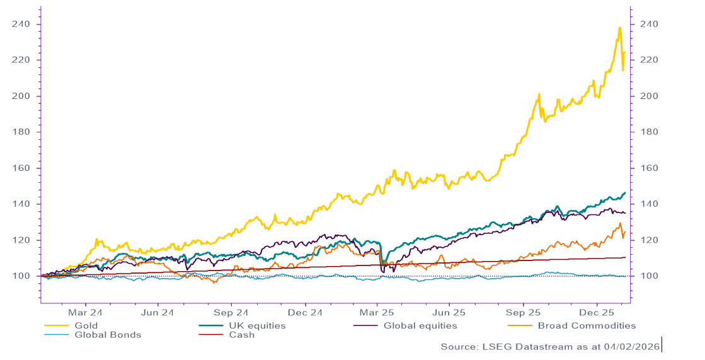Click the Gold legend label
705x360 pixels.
(x=87, y=326)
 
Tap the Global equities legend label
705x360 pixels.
(x=420, y=326)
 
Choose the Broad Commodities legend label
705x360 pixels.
(x=587, y=326)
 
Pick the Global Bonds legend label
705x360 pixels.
(x=108, y=335)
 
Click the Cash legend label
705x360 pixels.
(x=242, y=335)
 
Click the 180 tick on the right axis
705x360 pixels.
(x=649, y=132)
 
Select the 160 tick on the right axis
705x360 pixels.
(x=649, y=168)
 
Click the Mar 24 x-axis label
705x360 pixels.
(x=85, y=312)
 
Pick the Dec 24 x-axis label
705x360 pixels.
(x=305, y=312)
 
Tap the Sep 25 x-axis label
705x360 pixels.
(x=524, y=312)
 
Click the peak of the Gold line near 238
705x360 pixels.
(x=620, y=27)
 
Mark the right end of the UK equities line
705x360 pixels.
(x=624, y=192)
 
